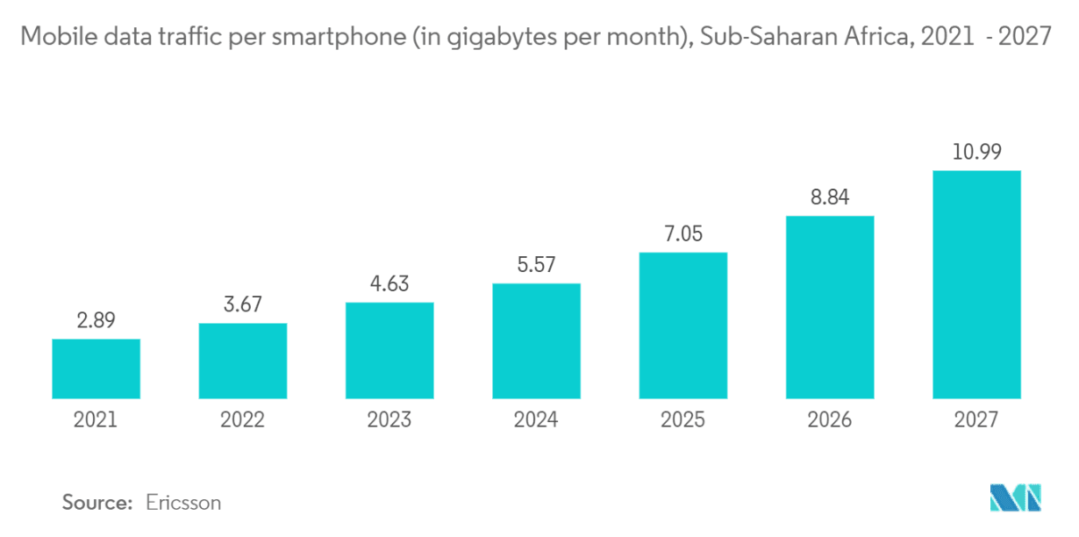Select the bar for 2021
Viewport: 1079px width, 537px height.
coord(96,368)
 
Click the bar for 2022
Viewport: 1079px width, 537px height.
coord(243,360)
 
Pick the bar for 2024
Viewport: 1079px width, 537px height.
coord(536,340)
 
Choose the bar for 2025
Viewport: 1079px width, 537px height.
coord(683,325)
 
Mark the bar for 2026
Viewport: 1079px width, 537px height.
coord(830,306)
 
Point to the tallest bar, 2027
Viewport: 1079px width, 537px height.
coord(976,283)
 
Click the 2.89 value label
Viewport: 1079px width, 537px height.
coord(96,320)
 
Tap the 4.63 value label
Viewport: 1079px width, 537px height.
coord(389,284)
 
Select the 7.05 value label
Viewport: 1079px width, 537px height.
coord(683,234)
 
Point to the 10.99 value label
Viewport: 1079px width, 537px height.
coord(976,152)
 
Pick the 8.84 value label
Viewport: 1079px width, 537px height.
coord(830,197)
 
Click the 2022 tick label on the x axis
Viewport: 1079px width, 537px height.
coord(243,420)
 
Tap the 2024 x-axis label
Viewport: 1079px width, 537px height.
coord(536,420)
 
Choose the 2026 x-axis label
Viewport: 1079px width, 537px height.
coord(830,420)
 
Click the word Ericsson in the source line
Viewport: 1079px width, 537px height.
coord(183,503)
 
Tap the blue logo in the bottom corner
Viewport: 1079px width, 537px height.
coord(1015,498)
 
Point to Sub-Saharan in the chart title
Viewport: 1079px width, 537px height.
coord(756,38)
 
